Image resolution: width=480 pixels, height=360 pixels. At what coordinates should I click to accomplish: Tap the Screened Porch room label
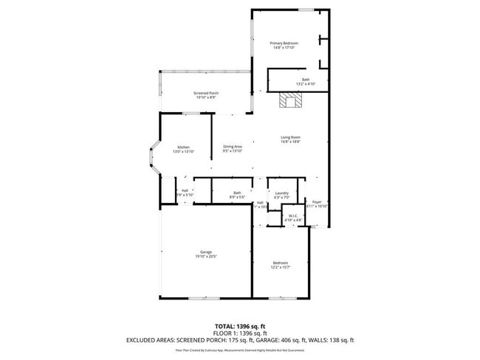pos(205,94)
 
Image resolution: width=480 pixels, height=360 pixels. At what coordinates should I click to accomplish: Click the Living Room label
pos(289,139)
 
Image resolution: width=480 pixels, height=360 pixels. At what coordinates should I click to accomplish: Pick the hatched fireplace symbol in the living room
pos(287,100)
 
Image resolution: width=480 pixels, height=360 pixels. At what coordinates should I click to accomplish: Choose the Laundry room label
pos(281,195)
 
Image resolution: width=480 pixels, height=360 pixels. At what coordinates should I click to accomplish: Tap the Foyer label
pos(316,204)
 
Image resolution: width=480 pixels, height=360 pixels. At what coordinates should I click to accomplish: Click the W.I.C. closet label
pos(293,218)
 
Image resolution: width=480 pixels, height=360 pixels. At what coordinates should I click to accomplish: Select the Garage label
pos(205,254)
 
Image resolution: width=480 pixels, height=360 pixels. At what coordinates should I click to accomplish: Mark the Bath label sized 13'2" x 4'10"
pos(305,82)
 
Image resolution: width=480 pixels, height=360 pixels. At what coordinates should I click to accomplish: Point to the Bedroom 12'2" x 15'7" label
pos(280,265)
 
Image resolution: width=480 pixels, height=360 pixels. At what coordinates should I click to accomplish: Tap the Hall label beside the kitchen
pos(185,193)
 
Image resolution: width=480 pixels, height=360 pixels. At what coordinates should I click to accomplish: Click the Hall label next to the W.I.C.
pos(260,205)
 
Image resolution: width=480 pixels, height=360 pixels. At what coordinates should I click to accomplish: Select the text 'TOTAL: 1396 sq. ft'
pos(239,325)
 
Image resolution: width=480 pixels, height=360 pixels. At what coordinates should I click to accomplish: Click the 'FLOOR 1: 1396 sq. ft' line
pos(239,333)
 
